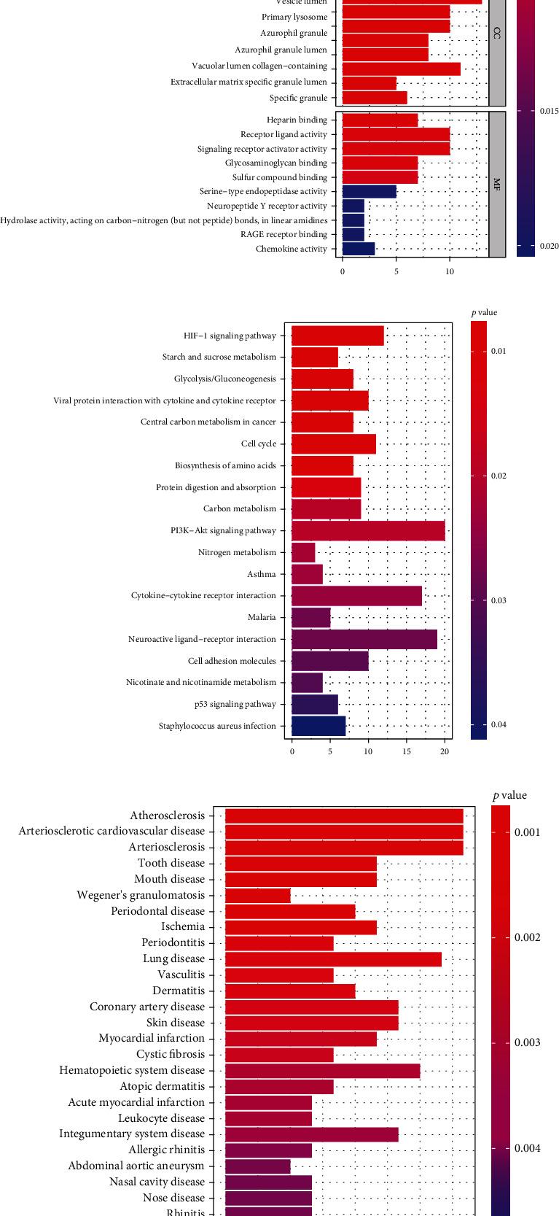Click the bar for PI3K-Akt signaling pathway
pos(368,531)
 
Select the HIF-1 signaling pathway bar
pos(337,336)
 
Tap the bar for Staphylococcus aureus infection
pos(318,726)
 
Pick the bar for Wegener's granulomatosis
pos(257,895)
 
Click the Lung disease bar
pos(333,959)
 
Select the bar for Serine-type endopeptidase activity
pos(369,192)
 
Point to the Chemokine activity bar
pos(358,249)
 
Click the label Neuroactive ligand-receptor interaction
pos(202,639)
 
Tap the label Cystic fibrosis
pos(171,1054)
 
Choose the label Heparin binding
pos(297,120)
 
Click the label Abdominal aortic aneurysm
pos(136,1166)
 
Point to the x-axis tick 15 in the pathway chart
pos(407,751)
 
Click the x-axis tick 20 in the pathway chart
pos(445,751)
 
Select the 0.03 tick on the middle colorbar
pos(499,600)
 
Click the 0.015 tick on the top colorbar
pos(549,111)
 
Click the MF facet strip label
pos(497,184)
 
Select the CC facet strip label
pos(497,34)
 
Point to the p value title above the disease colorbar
pos(509,795)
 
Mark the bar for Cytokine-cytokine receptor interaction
pos(356,596)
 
